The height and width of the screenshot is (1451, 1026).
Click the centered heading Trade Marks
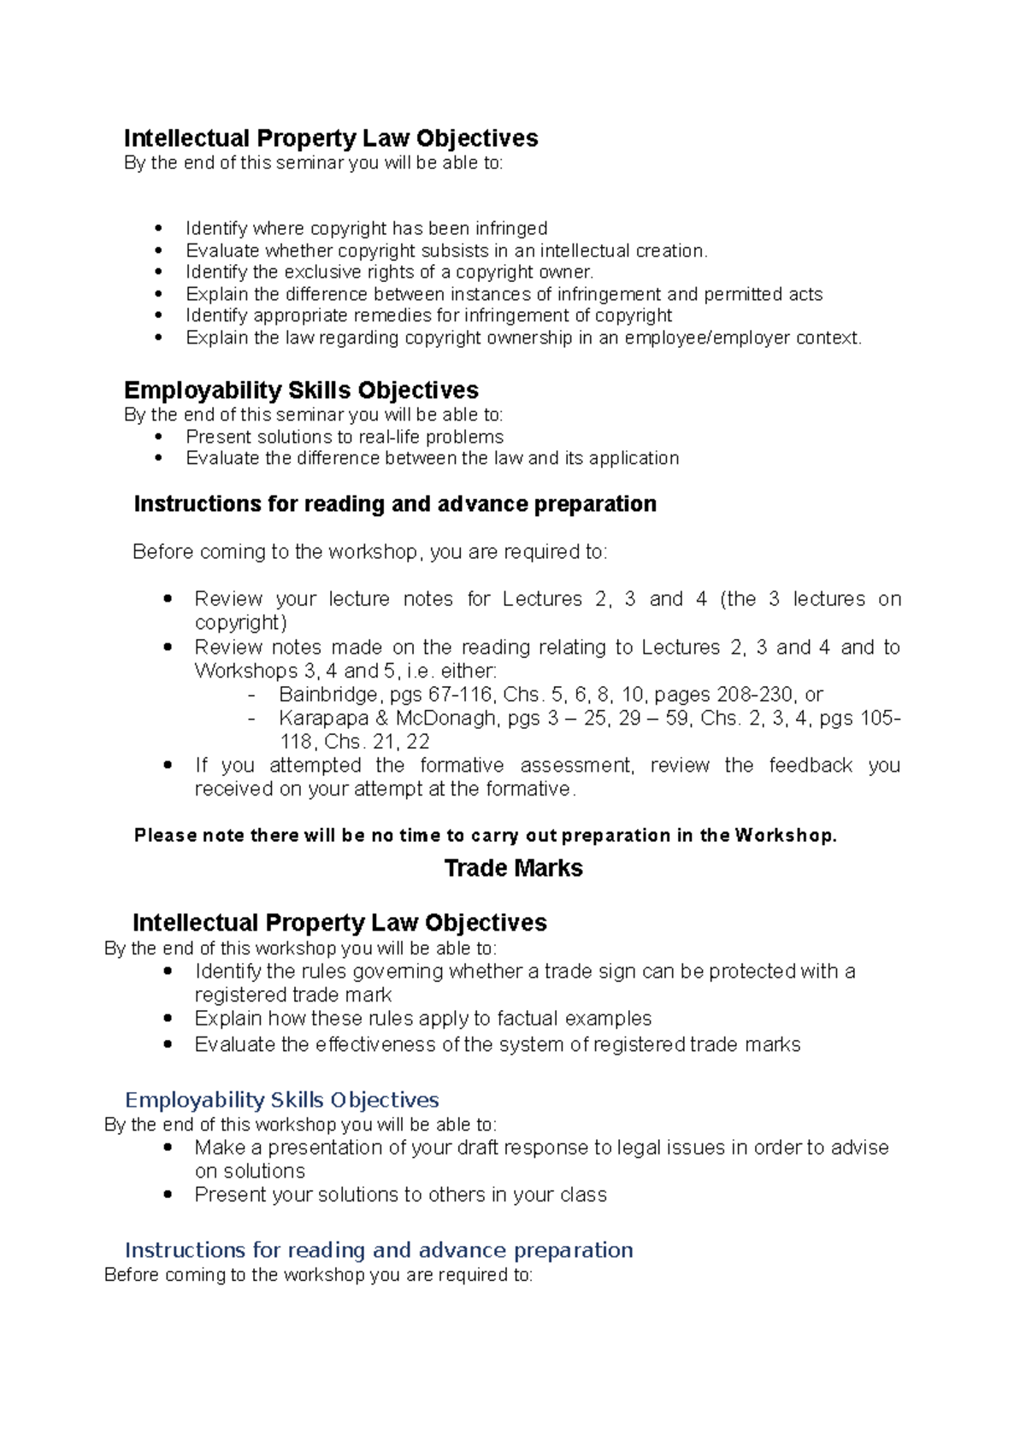[x=513, y=868]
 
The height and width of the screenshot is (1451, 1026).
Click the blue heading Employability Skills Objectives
[x=281, y=1100]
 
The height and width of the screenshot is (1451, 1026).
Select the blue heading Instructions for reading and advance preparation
[x=379, y=1250]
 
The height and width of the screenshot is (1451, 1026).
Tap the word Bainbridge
[x=328, y=694]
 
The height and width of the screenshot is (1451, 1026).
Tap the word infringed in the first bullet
[x=511, y=229]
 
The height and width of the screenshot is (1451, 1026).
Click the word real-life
[x=391, y=437]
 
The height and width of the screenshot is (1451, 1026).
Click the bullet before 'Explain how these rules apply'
[x=168, y=1019]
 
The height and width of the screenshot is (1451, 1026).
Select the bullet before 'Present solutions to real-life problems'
[x=158, y=437]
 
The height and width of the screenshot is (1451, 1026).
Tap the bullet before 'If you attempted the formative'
[x=168, y=766]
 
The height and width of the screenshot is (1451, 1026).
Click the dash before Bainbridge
[x=251, y=695]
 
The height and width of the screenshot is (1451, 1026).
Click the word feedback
[x=810, y=766]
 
